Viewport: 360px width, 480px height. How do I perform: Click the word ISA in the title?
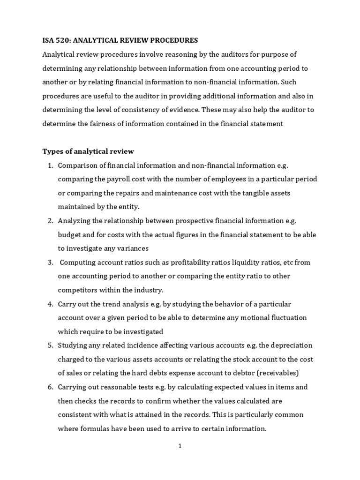tap(49, 41)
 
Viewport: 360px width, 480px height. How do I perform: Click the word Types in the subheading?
tap(52, 151)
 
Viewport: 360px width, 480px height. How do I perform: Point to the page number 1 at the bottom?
tap(180, 446)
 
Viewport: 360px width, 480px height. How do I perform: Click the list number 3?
tap(50, 262)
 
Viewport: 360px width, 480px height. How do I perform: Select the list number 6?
tap(50, 387)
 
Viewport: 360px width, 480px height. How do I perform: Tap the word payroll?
tap(120, 179)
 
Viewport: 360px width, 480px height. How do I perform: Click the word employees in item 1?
tap(227, 179)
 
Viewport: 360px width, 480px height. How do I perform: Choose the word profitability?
tap(178, 262)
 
